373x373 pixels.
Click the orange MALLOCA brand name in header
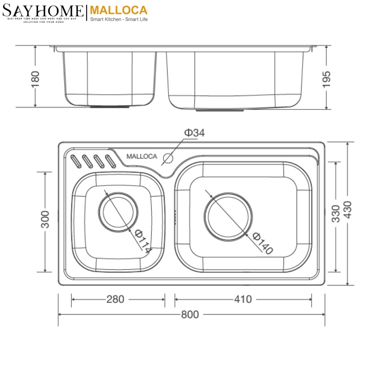tap(118, 10)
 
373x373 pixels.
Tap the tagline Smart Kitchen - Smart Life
tap(119, 19)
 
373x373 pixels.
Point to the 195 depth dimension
tap(327, 79)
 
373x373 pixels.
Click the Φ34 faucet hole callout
tap(194, 133)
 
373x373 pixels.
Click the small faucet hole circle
tap(168, 158)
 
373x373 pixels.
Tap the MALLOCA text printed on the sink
tap(142, 156)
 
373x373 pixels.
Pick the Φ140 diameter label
tap(262, 243)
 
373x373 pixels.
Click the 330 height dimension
tap(336, 213)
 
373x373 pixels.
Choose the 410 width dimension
tap(243, 299)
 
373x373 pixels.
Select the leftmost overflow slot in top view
tap(75, 160)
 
